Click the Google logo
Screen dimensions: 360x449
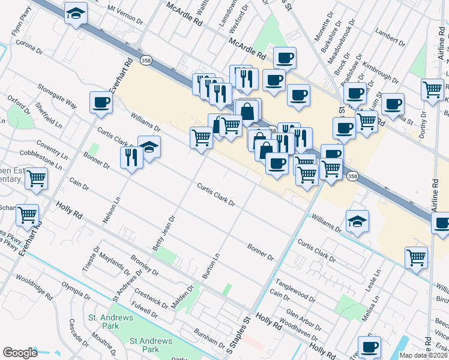tap(20, 353)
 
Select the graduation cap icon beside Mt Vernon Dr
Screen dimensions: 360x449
tap(76, 13)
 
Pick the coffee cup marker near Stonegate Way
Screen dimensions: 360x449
tap(100, 102)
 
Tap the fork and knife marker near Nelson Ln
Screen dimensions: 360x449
tap(130, 157)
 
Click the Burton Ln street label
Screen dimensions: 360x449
tap(210, 265)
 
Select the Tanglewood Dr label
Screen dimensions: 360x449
tap(295, 289)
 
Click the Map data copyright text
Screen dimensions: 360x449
tap(423, 355)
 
